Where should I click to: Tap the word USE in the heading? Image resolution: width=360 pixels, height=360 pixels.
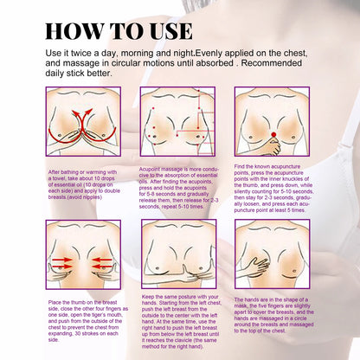[x=162, y=31]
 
